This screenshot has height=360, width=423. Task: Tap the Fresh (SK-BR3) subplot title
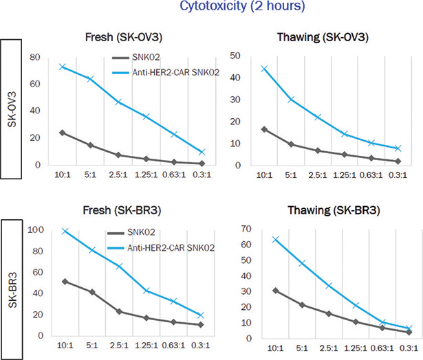point(123,209)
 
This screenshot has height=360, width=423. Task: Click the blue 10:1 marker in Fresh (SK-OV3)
point(62,67)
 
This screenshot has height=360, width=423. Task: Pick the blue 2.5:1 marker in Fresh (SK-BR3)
point(120,266)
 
